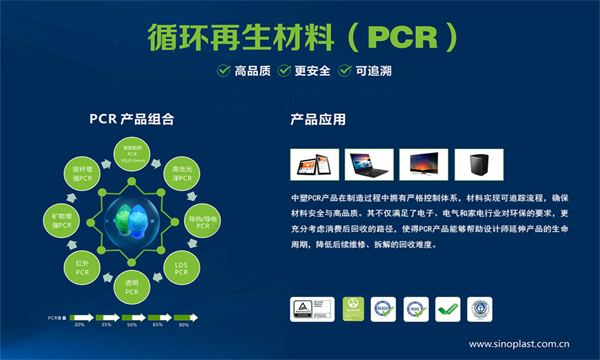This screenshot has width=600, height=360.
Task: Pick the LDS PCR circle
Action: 181,268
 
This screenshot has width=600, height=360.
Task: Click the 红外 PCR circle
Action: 83,267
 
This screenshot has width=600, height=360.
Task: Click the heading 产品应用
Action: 318,120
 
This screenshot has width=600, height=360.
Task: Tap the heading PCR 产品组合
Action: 132,119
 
